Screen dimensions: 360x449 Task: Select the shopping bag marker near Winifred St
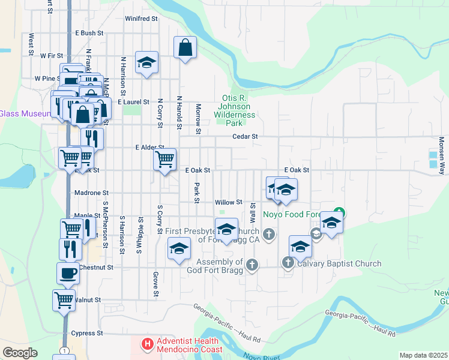point(186,48)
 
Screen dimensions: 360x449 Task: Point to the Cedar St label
point(245,137)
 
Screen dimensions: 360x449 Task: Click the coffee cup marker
point(68,273)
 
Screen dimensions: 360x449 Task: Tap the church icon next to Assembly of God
point(252,264)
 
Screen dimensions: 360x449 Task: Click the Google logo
point(20,353)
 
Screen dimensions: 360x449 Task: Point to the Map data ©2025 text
point(423,355)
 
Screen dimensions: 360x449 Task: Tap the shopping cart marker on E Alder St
point(165,160)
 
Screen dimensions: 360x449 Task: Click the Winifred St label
point(141,19)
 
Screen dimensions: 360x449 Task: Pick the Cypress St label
point(87,333)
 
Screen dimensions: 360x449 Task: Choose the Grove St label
point(155,284)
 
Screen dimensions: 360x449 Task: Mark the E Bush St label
point(89,33)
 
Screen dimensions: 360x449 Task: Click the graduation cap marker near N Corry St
point(146,63)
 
